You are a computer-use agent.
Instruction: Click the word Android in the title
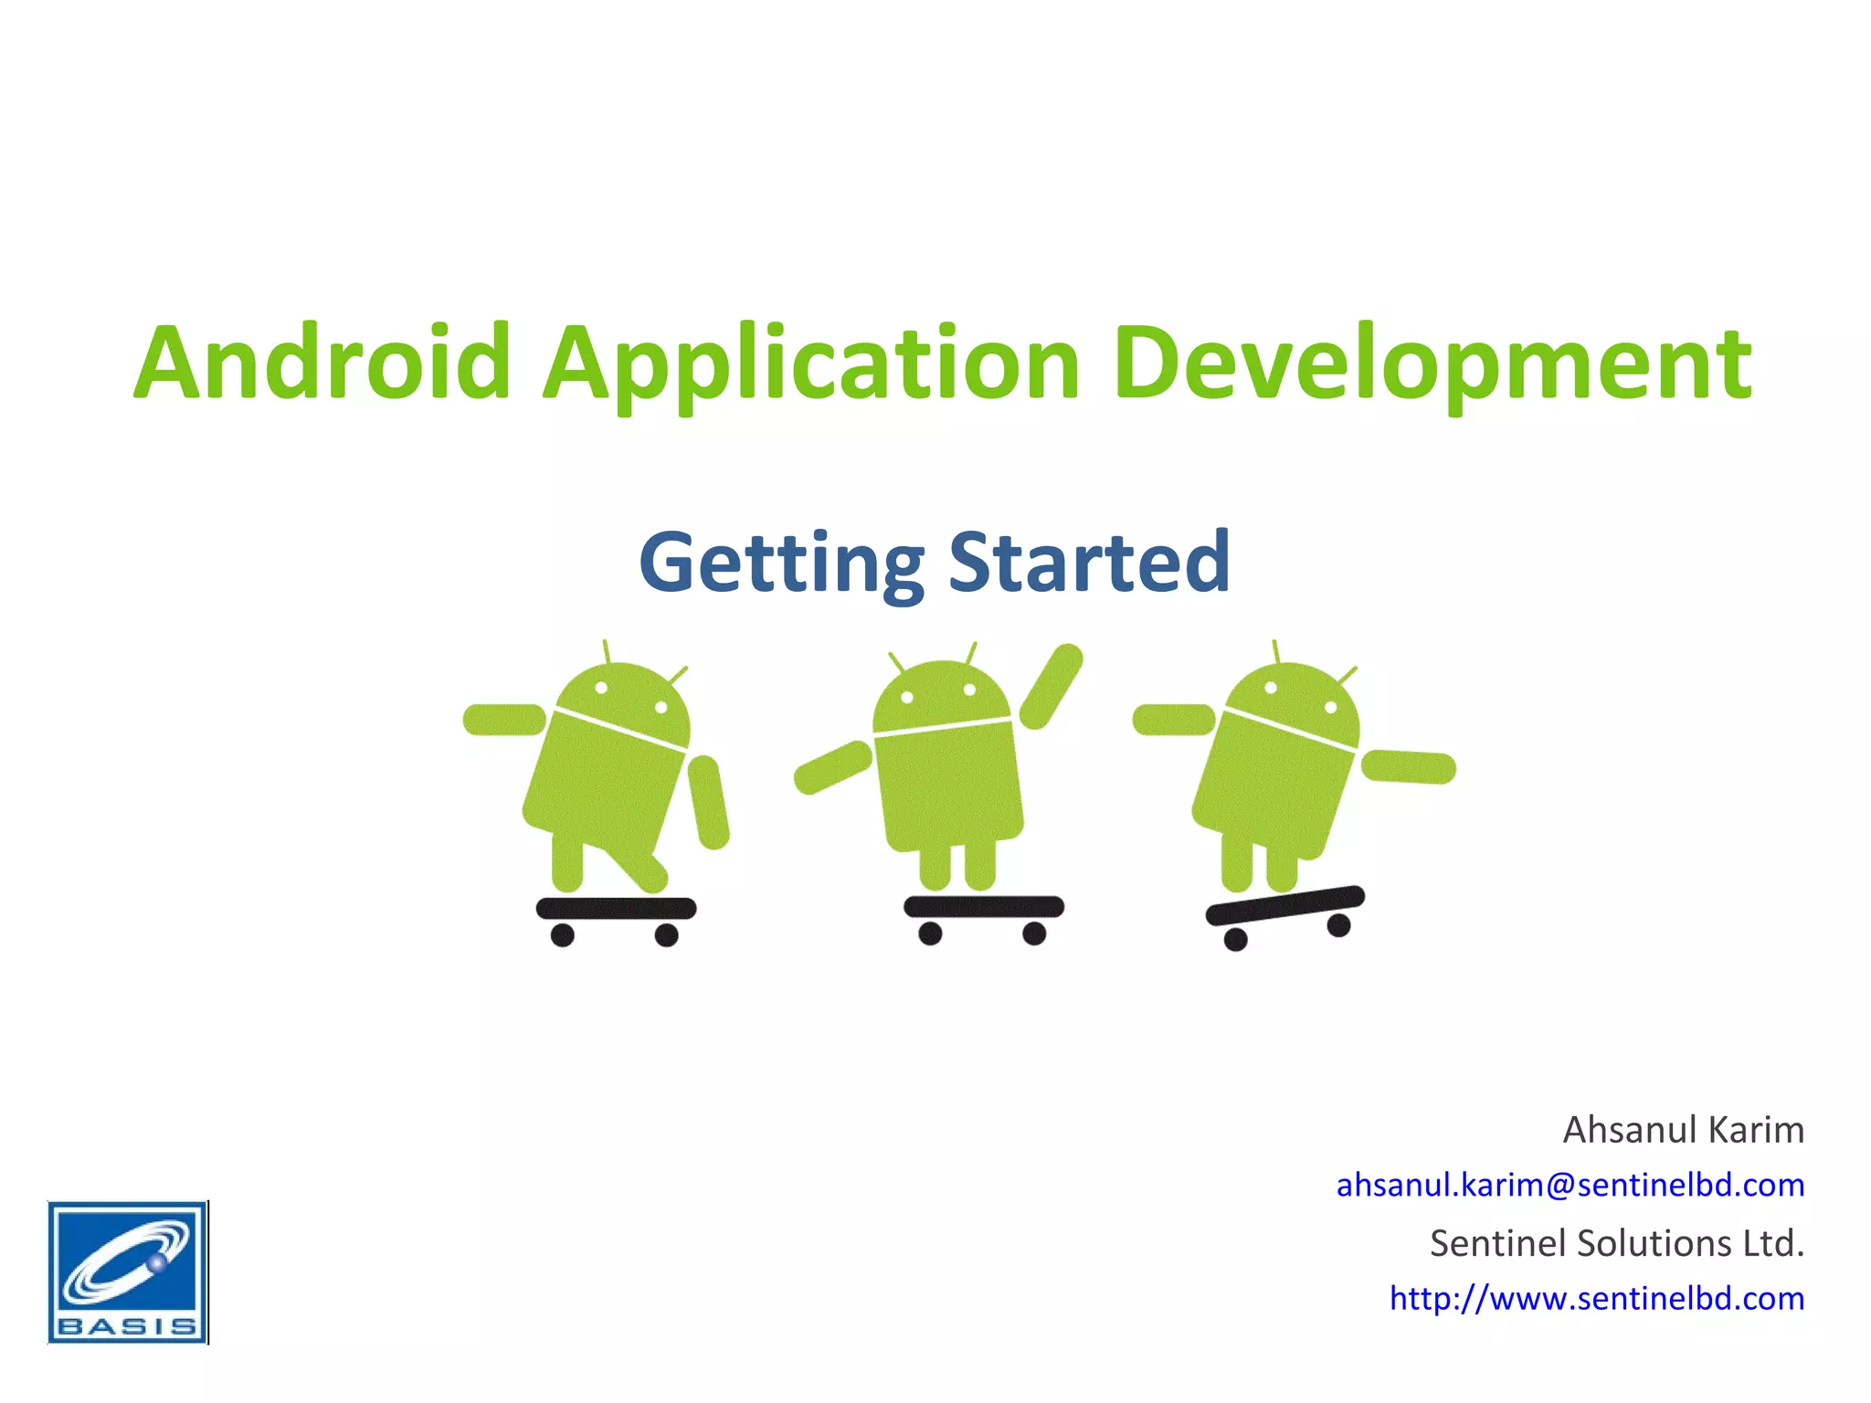pyautogui.click(x=322, y=363)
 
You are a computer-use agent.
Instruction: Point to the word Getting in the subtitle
pyautogui.click(x=781, y=564)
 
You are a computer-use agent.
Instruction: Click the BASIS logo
pyautogui.click(x=128, y=1271)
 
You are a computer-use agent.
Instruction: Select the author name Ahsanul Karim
pyautogui.click(x=1683, y=1130)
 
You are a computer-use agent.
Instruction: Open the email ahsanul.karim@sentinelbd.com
pyautogui.click(x=1570, y=1185)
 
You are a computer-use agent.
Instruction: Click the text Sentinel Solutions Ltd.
pyautogui.click(x=1616, y=1243)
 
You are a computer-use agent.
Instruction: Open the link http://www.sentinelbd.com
pyautogui.click(x=1596, y=1298)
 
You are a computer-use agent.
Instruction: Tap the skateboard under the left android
pyautogui.click(x=616, y=909)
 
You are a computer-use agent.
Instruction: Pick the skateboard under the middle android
pyautogui.click(x=983, y=907)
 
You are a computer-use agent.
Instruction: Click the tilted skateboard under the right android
pyautogui.click(x=1284, y=905)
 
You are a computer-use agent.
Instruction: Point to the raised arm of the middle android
pyautogui.click(x=1052, y=686)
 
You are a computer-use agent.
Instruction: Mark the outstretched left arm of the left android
pyautogui.click(x=504, y=720)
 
